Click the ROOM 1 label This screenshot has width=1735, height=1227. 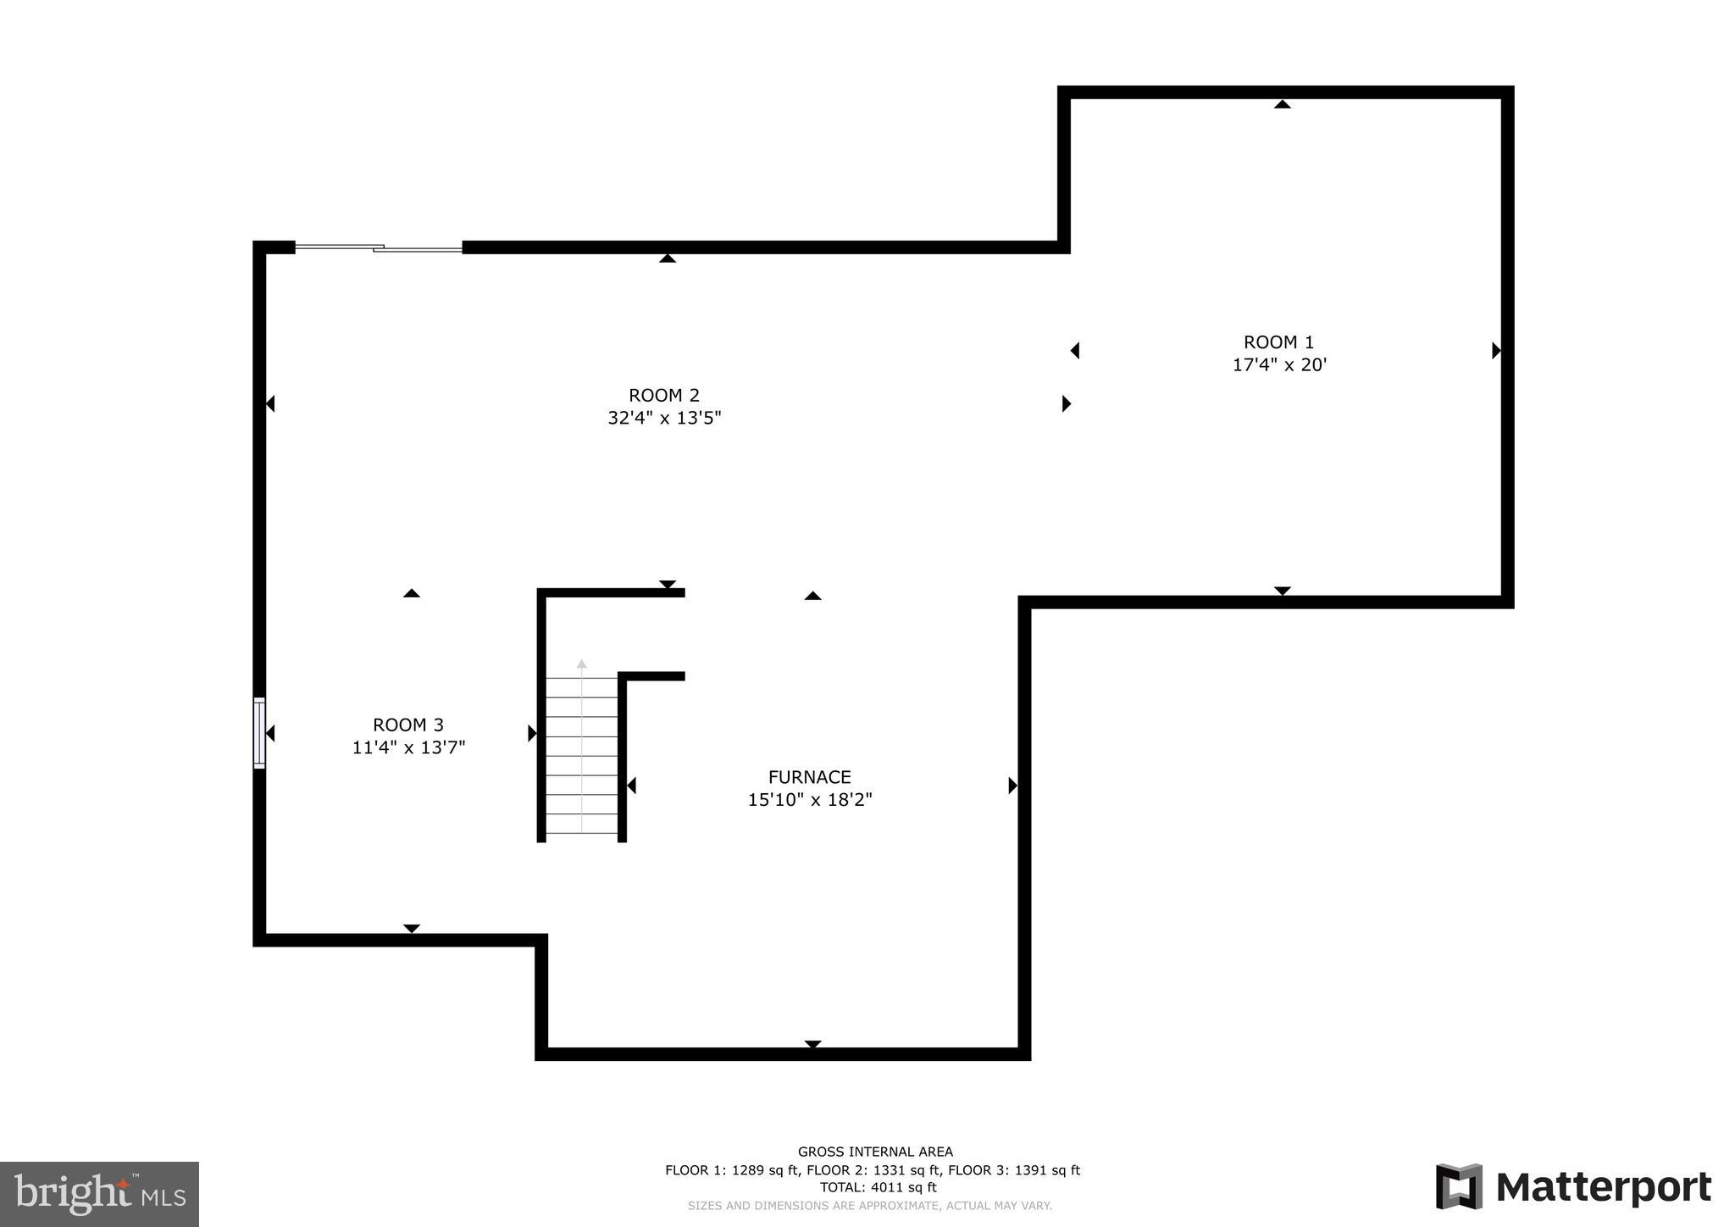[1278, 342]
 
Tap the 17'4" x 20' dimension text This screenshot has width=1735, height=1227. [1278, 365]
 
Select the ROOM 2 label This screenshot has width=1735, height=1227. [664, 395]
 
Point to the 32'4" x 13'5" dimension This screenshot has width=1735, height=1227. [664, 418]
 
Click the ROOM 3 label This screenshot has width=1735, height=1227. [408, 725]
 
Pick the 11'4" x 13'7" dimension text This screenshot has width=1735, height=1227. [408, 747]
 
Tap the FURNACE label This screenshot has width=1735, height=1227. [810, 777]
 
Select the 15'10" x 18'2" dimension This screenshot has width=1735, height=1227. [810, 800]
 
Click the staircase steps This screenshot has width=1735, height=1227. [582, 763]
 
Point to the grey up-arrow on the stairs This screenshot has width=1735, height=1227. [582, 664]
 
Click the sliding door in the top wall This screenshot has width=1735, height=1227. [378, 247]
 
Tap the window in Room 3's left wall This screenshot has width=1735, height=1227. [259, 733]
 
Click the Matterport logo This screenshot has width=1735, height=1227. [1573, 1186]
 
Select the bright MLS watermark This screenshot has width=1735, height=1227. [100, 1195]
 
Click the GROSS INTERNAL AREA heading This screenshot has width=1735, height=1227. [875, 1152]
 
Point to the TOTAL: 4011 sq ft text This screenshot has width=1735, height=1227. [875, 1188]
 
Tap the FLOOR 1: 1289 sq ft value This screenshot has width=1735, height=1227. [731, 1170]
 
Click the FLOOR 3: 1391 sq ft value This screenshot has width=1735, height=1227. [1014, 1170]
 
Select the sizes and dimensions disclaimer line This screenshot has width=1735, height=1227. [870, 1206]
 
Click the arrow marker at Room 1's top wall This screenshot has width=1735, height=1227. [1283, 104]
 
